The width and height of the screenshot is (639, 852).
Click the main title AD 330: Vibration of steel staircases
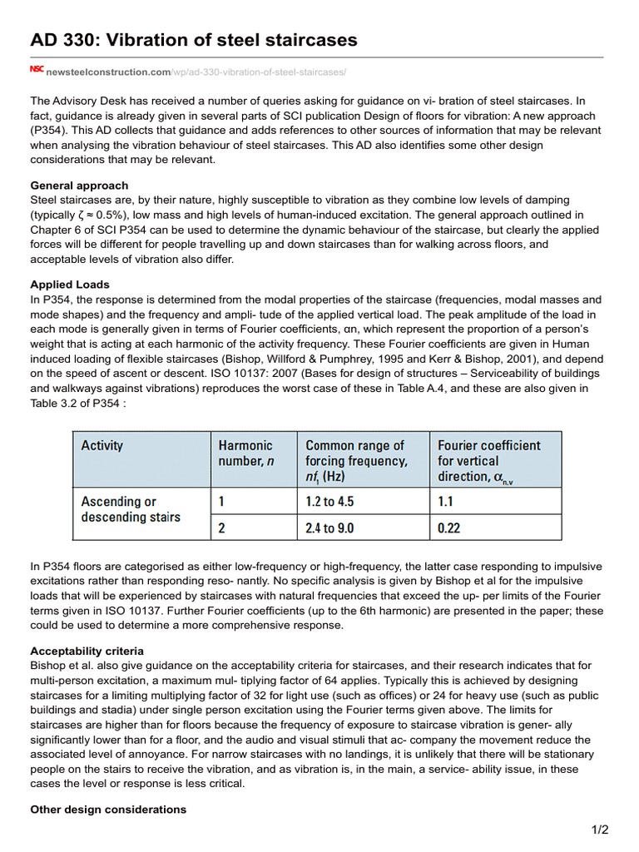194,39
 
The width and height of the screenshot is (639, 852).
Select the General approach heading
79,186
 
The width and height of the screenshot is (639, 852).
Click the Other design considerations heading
108,810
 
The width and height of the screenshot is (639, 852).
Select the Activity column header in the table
102,446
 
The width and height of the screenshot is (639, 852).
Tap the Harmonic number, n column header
245,453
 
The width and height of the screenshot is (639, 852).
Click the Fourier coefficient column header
488,460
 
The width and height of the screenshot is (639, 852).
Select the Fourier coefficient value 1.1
447,503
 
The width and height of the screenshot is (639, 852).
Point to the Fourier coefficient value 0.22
450,528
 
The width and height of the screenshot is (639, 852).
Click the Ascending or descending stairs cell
131,509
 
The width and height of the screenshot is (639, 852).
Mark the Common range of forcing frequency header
355,460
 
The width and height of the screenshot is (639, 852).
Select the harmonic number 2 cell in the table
221,528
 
